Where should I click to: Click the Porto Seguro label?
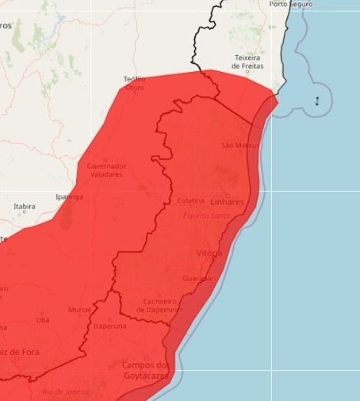click(291, 5)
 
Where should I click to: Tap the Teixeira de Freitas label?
click(247, 61)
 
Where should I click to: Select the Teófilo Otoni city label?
click(134, 83)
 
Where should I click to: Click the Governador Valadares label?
click(106, 169)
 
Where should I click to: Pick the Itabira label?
click(25, 206)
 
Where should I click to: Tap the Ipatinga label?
click(69, 197)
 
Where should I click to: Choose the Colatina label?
click(190, 201)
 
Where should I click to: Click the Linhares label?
click(227, 202)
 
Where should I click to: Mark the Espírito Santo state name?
click(207, 215)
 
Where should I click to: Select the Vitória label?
click(210, 252)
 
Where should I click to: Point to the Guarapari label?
click(200, 278)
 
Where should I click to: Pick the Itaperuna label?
click(109, 326)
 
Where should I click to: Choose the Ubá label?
click(42, 319)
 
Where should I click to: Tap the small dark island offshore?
click(317, 100)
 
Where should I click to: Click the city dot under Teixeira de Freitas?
click(247, 71)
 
